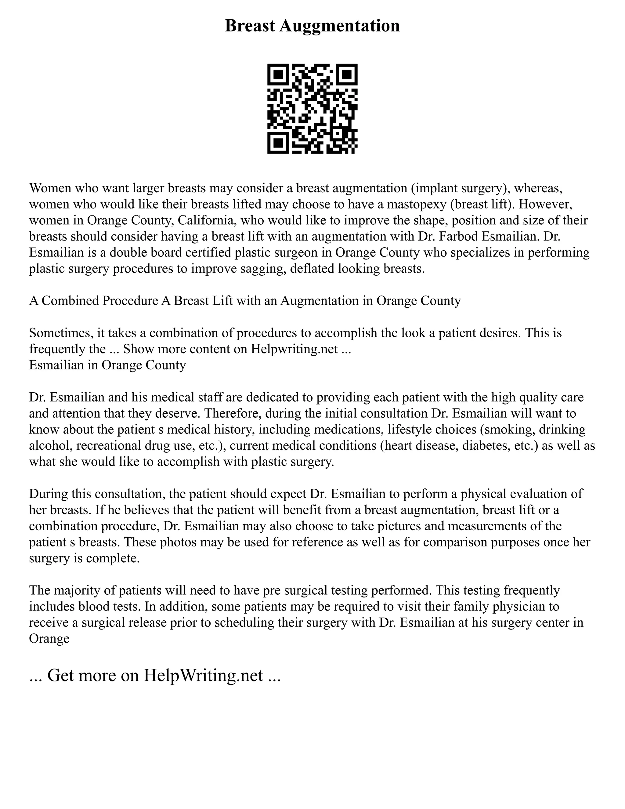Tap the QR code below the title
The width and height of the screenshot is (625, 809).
(x=312, y=109)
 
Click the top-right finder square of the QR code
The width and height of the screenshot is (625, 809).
(x=347, y=74)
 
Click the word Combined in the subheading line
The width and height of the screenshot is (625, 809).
(x=70, y=300)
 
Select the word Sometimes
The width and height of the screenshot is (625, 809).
(x=61, y=333)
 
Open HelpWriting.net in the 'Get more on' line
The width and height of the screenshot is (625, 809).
(x=203, y=675)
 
